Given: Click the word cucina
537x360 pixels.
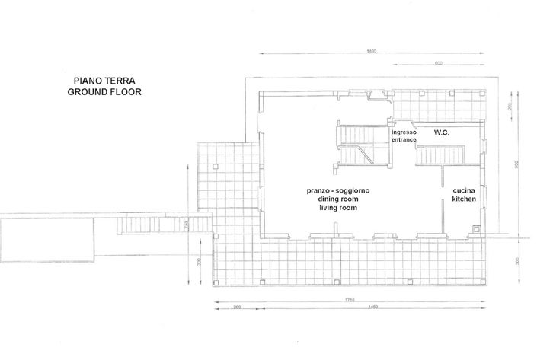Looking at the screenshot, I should [464, 190].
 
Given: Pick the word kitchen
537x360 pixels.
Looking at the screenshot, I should [464, 199].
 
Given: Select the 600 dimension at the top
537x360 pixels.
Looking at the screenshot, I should [439, 63].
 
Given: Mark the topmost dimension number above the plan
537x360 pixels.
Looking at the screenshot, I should [372, 52].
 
